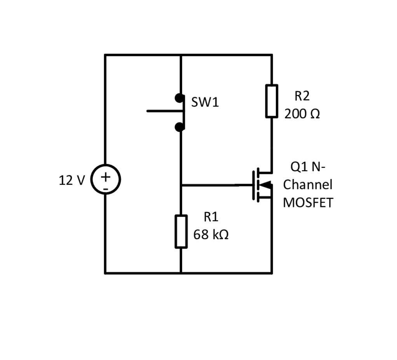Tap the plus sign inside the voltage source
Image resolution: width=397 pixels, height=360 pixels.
(105, 176)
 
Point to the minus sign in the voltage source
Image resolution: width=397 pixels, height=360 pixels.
(105, 188)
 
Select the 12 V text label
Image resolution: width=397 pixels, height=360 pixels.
(71, 180)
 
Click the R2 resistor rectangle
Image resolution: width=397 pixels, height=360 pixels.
(272, 101)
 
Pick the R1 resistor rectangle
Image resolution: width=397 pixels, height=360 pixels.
(181, 231)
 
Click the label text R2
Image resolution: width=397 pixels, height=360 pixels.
(302, 96)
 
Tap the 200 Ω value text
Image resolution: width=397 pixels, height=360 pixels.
(302, 114)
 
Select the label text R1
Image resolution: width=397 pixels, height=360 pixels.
(211, 217)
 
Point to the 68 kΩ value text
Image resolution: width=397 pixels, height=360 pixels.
(211, 235)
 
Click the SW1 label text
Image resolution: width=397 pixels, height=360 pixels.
(205, 103)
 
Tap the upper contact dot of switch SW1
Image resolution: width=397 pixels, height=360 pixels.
(179, 97)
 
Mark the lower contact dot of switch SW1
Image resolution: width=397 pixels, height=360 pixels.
(179, 127)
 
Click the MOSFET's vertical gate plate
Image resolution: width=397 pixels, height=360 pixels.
(254, 185)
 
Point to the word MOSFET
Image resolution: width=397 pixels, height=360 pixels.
(308, 203)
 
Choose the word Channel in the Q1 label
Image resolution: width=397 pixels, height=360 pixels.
(308, 185)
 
